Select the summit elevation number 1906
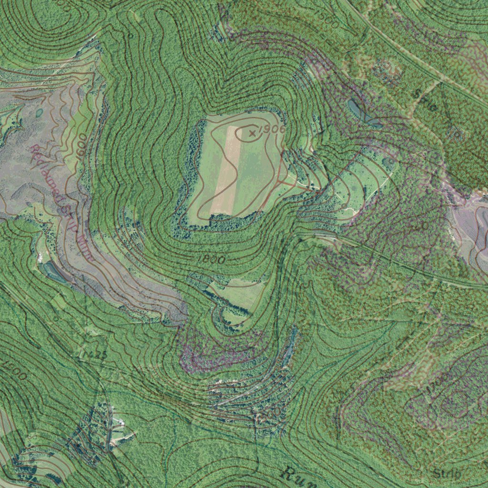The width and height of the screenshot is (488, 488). tap(273, 129)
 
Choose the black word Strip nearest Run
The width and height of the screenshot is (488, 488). tap(447, 474)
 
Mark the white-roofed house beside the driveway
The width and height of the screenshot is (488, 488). tap(119, 422)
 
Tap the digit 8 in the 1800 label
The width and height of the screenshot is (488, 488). tap(206, 258)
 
